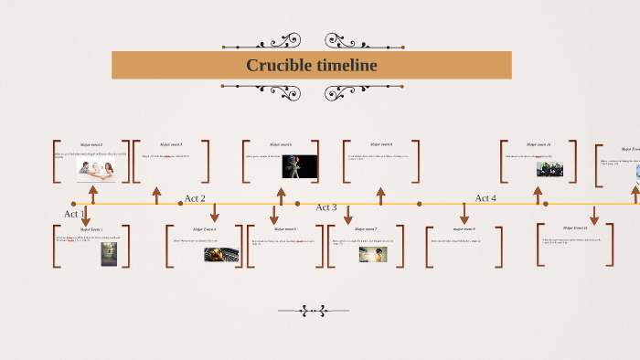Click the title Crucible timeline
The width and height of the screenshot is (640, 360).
(311, 65)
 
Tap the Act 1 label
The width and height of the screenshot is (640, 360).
(74, 214)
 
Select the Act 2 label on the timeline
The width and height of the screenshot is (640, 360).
(195, 198)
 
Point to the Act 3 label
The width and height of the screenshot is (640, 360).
(326, 207)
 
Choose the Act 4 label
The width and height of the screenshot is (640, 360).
(485, 198)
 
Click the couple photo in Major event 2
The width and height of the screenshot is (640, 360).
(95, 171)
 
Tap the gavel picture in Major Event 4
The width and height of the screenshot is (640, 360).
(221, 255)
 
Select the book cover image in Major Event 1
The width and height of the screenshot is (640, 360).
(109, 254)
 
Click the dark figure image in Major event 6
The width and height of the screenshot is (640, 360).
(299, 166)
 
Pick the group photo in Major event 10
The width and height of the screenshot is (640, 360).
(549, 169)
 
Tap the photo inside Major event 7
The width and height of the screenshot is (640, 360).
(372, 255)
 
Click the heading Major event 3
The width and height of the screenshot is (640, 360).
(171, 144)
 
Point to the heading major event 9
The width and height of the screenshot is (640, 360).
(464, 228)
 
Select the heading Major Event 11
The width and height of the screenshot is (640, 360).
(575, 228)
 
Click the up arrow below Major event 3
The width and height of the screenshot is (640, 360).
(156, 195)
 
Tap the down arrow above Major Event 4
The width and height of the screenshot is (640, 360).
(214, 213)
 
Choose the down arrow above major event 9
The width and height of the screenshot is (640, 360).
(464, 213)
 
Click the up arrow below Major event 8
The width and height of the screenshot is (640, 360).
(381, 195)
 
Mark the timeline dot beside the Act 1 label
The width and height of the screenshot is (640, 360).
(74, 204)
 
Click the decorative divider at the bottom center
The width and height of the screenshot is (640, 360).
(314, 311)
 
